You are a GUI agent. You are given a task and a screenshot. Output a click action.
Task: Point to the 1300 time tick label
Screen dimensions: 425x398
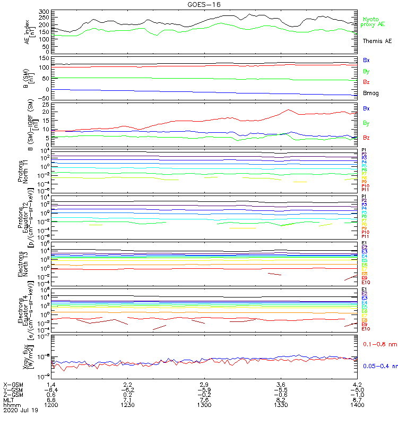(x=204, y=405)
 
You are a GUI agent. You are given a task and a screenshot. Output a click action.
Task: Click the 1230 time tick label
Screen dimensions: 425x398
(x=127, y=405)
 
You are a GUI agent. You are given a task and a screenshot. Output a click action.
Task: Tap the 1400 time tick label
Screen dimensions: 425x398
(x=357, y=405)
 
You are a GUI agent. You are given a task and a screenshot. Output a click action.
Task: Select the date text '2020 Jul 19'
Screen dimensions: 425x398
(x=19, y=410)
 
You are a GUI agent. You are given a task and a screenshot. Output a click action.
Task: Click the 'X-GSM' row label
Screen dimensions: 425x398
(x=13, y=384)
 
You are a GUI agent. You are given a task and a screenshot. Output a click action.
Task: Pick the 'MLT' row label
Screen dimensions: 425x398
(x=9, y=399)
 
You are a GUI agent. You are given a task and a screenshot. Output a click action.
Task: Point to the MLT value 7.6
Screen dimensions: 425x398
(x=204, y=399)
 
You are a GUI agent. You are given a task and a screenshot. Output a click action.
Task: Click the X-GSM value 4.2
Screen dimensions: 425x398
(x=357, y=384)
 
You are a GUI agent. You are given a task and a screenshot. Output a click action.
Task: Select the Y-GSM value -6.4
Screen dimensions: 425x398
(x=50, y=389)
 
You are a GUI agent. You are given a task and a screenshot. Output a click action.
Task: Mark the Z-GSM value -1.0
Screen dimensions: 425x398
(x=356, y=394)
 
